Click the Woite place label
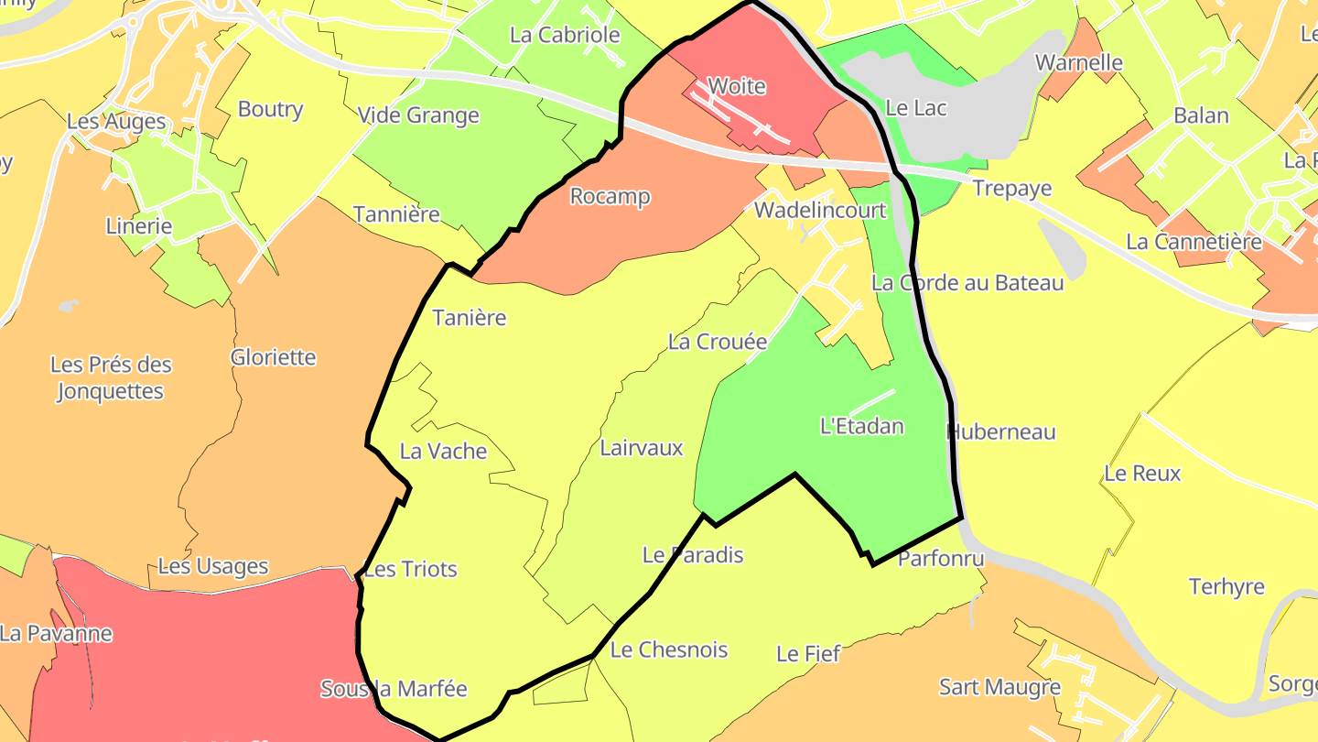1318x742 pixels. pos(737,87)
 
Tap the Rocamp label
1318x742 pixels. pos(610,197)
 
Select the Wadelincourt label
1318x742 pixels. pos(820,211)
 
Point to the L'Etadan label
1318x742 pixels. pos(861,426)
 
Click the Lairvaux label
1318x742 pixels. pos(642,448)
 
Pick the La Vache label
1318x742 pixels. pos(444,452)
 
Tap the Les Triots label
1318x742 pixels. pos(410,570)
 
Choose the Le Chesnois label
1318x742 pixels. pos(669,650)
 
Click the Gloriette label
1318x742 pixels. pos(274,357)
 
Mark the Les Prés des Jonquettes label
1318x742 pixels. pos(111,378)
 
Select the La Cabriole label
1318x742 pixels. pos(565,36)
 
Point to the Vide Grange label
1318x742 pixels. pos(418,115)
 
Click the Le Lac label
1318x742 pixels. pos(915,108)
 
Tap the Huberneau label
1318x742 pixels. pos(1000,432)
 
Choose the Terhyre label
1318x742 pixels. pos(1226,587)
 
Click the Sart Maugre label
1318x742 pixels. pos(999,687)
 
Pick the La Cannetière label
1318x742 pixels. pos(1194,243)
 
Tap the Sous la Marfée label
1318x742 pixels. pos(394,689)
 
